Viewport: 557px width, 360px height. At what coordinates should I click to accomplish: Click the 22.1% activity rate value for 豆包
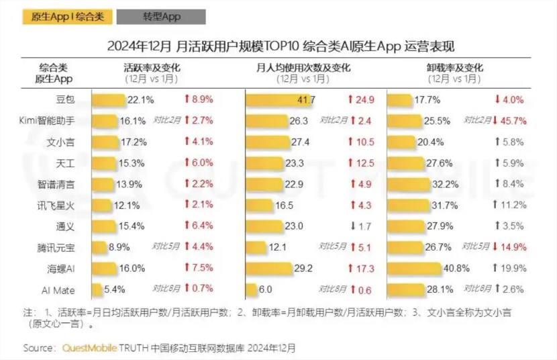pyautogui.click(x=141, y=100)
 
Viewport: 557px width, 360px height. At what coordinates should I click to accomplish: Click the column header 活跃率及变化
pyautogui.click(x=152, y=68)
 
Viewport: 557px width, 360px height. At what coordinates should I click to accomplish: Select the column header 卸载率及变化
pyautogui.click(x=455, y=68)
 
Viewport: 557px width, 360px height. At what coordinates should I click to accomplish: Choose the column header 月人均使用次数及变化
pyautogui.click(x=303, y=68)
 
